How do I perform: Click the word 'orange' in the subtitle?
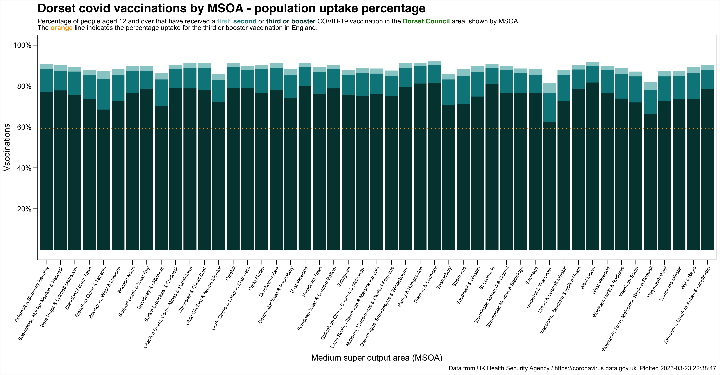click(61, 28)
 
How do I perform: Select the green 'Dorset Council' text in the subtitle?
click(426, 21)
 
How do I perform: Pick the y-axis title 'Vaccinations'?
click(7, 147)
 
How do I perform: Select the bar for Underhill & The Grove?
click(549, 168)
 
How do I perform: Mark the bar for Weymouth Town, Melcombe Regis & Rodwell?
click(650, 168)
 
